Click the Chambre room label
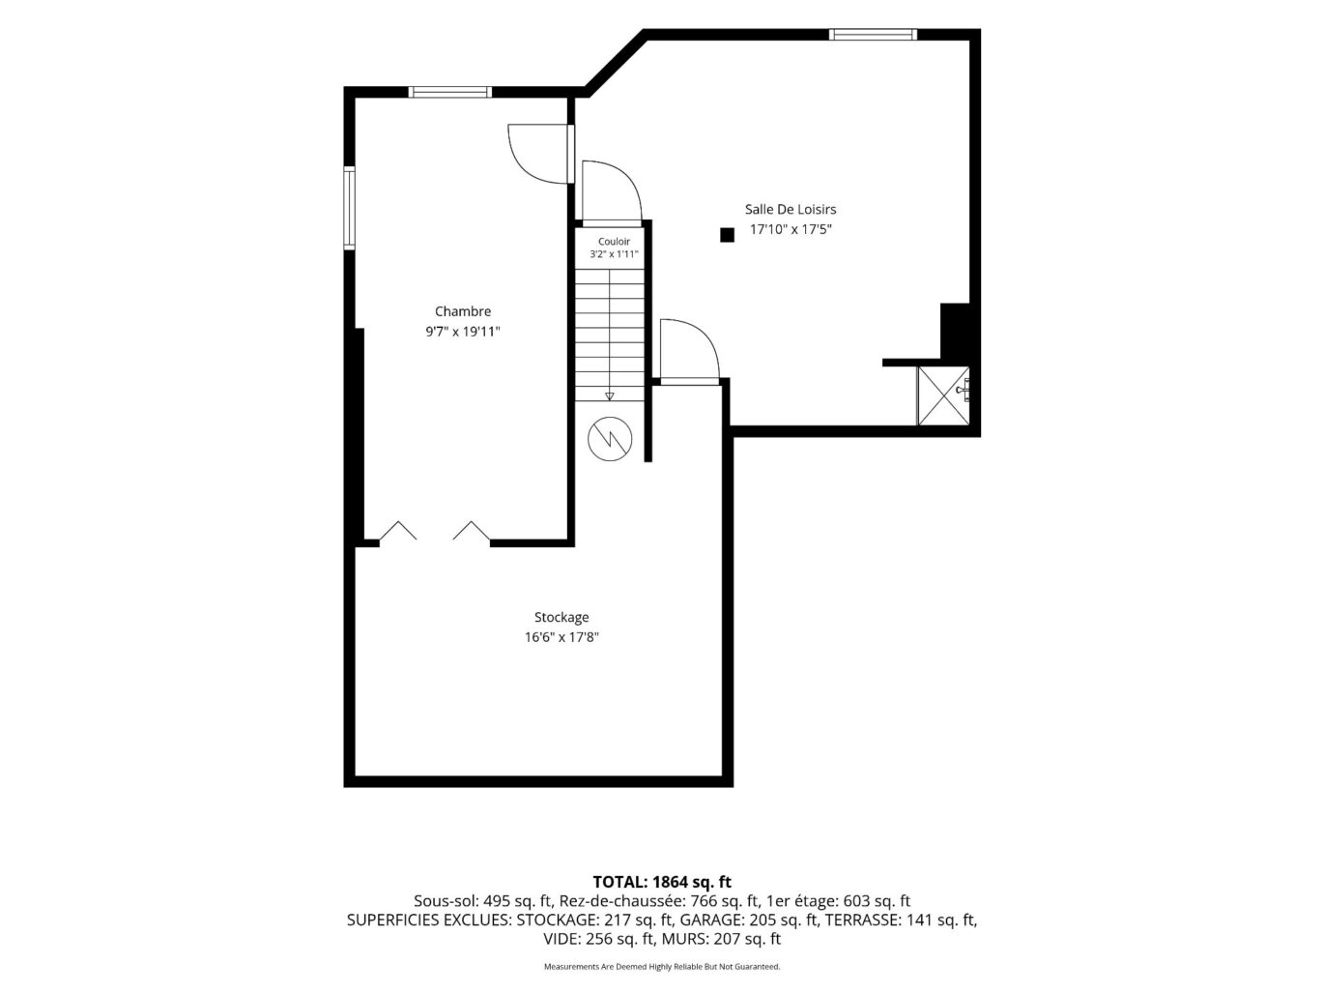click(463, 311)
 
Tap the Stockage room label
click(561, 618)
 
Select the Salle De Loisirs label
click(791, 210)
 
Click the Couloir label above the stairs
click(614, 242)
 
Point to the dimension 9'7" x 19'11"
click(463, 332)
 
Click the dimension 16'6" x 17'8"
click(561, 637)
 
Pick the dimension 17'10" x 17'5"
click(791, 229)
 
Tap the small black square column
click(727, 235)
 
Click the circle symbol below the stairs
click(610, 439)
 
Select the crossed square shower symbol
click(943, 395)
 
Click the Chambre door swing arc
click(525, 166)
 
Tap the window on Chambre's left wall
click(349, 208)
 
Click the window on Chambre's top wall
click(450, 92)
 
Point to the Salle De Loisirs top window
click(873, 35)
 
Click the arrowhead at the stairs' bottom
click(609, 396)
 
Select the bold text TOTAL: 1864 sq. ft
click(662, 882)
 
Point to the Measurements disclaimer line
click(662, 967)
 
